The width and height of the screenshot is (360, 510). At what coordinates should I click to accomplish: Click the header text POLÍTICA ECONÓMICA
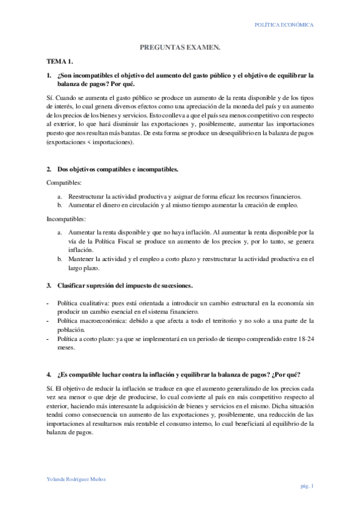click(284, 25)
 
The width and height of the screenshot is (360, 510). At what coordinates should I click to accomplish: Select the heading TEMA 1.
click(60, 61)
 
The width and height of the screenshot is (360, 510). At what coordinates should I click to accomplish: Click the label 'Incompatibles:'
click(66, 218)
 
